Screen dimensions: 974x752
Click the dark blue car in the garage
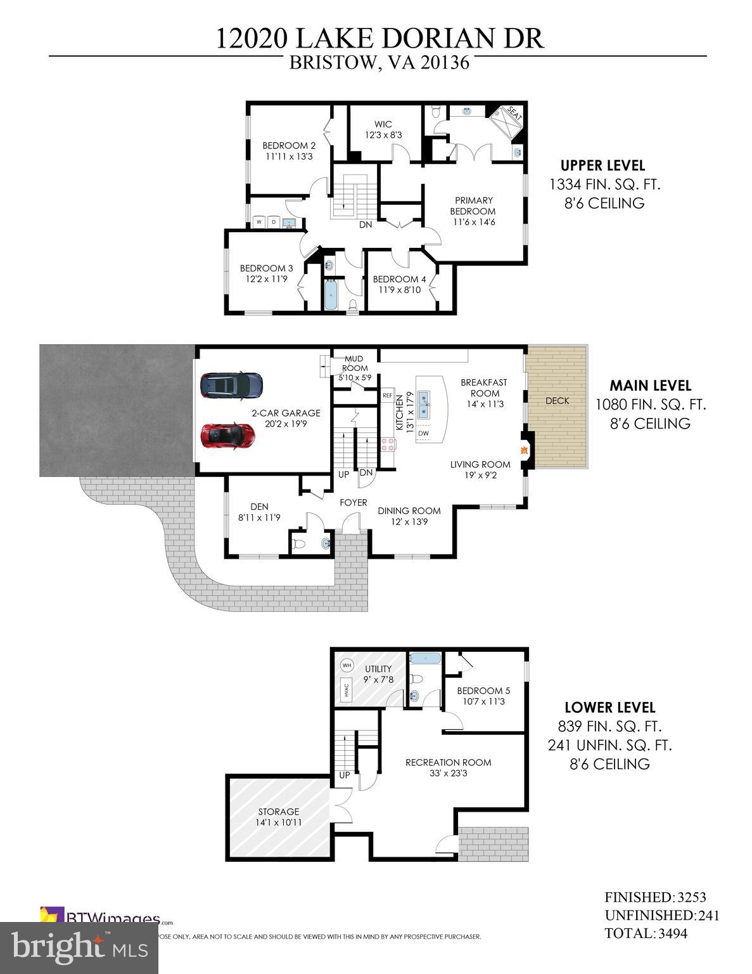(231, 384)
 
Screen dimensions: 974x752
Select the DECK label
(557, 401)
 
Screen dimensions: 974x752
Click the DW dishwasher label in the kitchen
(423, 434)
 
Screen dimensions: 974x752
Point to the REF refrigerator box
(388, 396)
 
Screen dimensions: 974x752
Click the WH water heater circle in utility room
(347, 665)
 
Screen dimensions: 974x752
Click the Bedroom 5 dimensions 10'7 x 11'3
(483, 701)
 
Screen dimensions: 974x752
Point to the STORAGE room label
(278, 812)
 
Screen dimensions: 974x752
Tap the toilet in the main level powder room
(300, 544)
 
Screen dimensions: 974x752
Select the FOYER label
(353, 502)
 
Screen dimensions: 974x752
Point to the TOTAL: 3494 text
(646, 933)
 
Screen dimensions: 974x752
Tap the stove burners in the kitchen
(387, 443)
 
